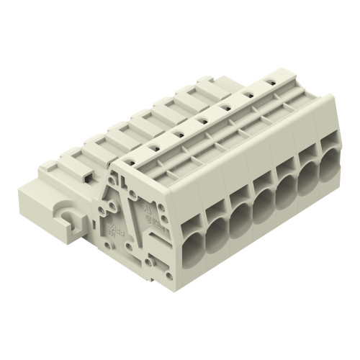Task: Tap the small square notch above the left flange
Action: pos(85,175)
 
